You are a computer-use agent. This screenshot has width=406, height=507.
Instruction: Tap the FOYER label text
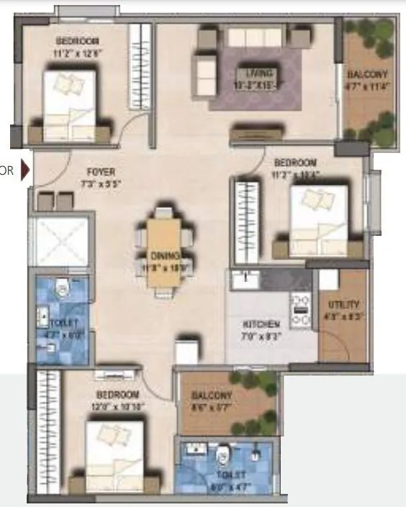point(100,173)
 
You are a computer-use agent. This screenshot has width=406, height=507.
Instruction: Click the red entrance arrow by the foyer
point(26,171)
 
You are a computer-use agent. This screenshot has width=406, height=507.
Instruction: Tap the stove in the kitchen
point(300,309)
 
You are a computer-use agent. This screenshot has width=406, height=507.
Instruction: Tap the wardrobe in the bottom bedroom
point(45,431)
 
